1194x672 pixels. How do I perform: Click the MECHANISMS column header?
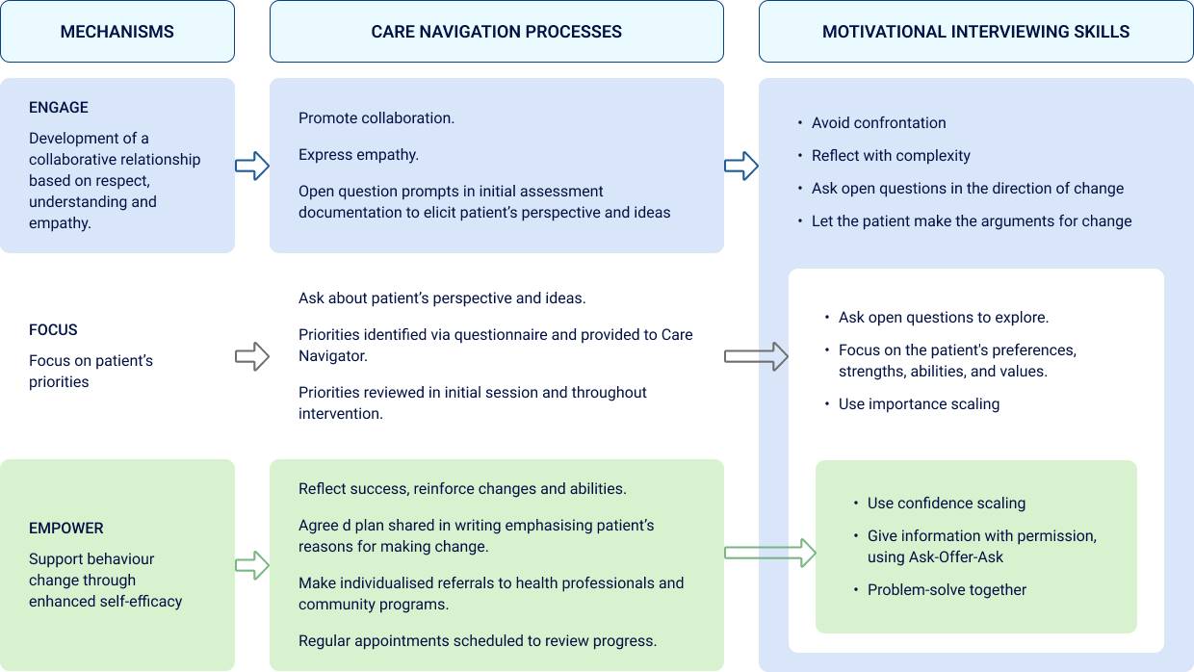117,32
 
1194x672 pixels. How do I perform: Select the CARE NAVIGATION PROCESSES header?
496,32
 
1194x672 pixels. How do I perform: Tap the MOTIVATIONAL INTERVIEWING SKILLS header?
975,32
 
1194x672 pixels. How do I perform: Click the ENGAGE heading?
59,108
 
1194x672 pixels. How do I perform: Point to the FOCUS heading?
53,330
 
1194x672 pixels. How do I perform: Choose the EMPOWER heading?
66,529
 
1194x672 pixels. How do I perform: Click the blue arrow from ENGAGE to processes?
252,166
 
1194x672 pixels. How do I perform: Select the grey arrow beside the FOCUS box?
252,356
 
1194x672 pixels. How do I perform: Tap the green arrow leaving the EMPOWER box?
252,565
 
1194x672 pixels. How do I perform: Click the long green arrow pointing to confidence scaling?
769,553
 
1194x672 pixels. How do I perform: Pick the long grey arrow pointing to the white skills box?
756,356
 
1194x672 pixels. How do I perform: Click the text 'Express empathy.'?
358,155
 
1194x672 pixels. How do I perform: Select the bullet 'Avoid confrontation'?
878,123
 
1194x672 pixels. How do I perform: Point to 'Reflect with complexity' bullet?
891,156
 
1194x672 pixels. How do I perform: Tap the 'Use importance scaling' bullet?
919,404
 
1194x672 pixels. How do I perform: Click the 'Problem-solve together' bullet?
947,590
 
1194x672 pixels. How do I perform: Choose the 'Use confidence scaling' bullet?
946,504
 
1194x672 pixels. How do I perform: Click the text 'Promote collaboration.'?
376,118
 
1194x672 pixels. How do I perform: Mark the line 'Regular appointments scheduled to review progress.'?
478,641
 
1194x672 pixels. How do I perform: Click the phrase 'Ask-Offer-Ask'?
956,557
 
